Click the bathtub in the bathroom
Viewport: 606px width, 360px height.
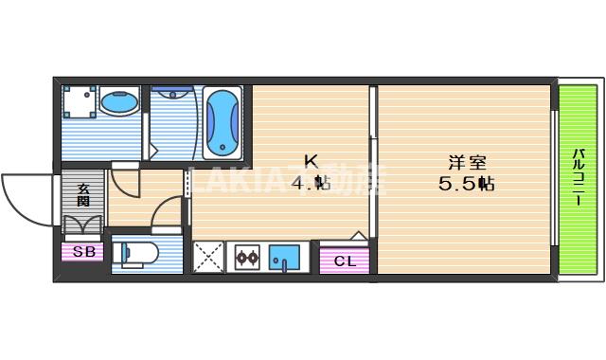click(222, 121)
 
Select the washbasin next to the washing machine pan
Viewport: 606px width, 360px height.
click(118, 102)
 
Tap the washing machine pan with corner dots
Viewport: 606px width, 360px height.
click(80, 102)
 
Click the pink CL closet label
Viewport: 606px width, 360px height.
click(345, 261)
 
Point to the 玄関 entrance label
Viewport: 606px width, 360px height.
click(82, 195)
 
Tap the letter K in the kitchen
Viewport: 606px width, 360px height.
click(310, 160)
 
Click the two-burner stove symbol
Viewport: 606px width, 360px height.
click(247, 257)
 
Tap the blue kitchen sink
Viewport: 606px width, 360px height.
click(284, 257)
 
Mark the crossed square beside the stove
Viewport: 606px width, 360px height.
click(207, 257)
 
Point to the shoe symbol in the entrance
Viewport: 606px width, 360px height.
click(82, 225)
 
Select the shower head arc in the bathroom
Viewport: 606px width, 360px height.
click(171, 95)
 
